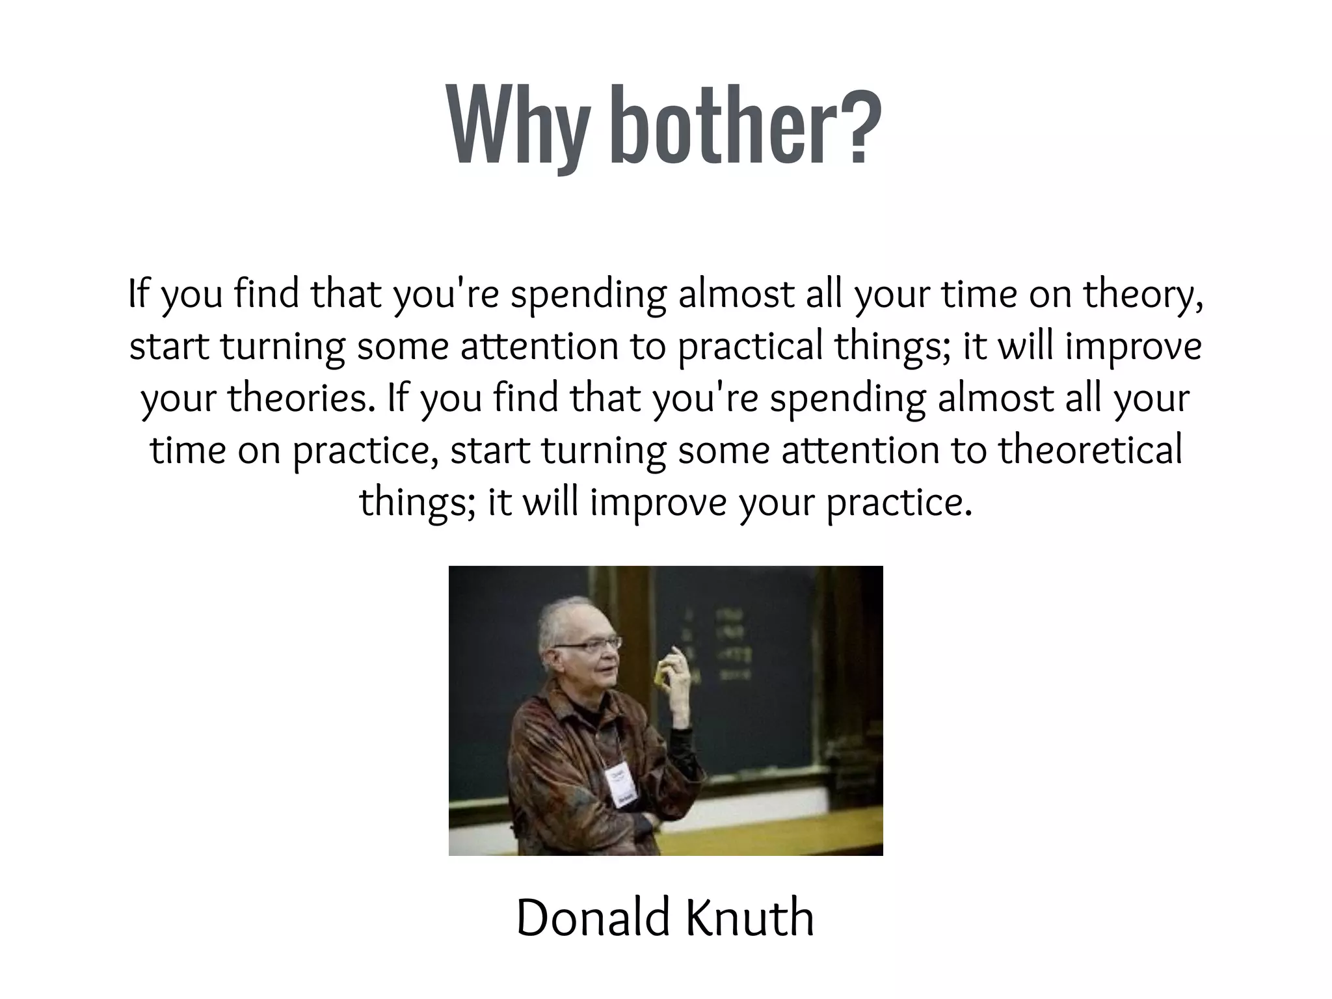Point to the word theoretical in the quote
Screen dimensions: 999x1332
[x=1090, y=450]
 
